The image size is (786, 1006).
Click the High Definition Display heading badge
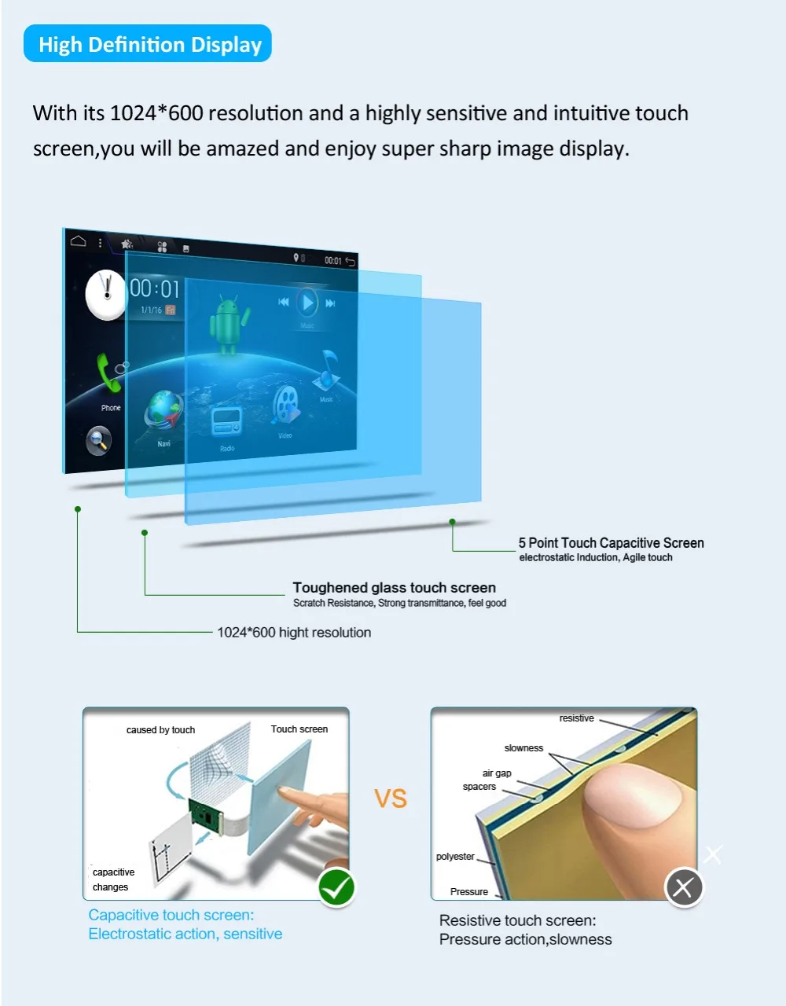149,44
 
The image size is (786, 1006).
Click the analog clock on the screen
106,295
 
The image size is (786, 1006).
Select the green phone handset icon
109,375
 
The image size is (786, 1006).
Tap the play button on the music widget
307,302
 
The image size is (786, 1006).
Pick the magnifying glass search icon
99,441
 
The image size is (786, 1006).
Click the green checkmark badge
337,888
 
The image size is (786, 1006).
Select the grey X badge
684,888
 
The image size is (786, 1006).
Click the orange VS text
391,799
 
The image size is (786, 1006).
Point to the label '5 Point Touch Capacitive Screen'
611,543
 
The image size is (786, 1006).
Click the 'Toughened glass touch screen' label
394,588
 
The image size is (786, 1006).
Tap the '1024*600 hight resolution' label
294,633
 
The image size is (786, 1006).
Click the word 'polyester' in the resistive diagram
455,857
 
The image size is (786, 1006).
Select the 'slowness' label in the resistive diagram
523,748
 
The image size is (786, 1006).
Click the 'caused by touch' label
160,730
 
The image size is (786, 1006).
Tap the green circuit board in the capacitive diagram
204,814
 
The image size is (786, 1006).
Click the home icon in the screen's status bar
78,240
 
